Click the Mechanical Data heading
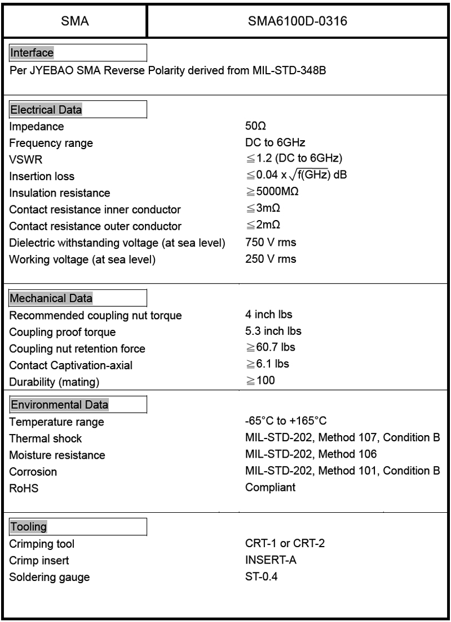click(x=51, y=298)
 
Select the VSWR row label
click(x=23, y=160)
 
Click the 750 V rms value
click(x=271, y=243)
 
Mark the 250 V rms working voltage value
click(x=271, y=259)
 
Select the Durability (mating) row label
click(x=54, y=383)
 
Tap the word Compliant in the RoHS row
click(x=270, y=487)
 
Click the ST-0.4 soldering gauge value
click(x=258, y=576)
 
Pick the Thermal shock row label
click(x=46, y=438)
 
